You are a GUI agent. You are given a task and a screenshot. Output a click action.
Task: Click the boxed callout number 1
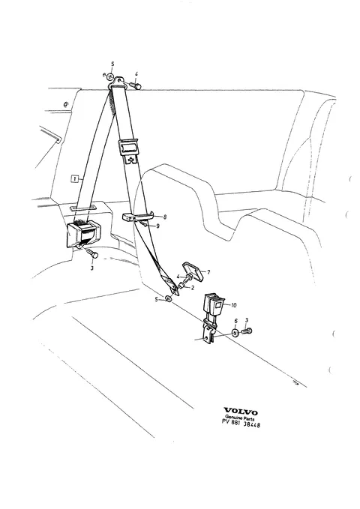[75, 178]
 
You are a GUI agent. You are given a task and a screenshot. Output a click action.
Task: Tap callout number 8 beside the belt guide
[165, 217]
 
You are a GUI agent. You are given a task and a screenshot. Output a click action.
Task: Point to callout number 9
[157, 226]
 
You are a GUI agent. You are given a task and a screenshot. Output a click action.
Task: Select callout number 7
[208, 272]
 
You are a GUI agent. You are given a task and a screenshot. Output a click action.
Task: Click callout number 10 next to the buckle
[233, 305]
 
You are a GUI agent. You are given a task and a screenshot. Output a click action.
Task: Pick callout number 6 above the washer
[236, 321]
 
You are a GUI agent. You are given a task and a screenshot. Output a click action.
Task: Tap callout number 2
[193, 287]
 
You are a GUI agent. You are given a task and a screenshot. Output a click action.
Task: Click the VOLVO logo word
[241, 412]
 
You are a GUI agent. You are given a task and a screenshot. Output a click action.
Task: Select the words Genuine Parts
[240, 418]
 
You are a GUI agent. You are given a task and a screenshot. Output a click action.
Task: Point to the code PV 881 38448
[241, 424]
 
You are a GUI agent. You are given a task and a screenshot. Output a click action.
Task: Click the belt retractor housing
[83, 232]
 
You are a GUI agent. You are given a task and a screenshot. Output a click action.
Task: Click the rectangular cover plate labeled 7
[193, 270]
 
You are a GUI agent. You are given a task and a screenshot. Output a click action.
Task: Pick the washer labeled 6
[235, 333]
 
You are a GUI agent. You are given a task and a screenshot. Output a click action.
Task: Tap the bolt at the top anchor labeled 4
[136, 85]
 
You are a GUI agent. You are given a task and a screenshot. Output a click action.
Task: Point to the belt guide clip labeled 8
[138, 217]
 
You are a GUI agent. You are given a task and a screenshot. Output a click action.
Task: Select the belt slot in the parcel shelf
[82, 207]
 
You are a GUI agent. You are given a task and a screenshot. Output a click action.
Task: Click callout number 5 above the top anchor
[112, 64]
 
